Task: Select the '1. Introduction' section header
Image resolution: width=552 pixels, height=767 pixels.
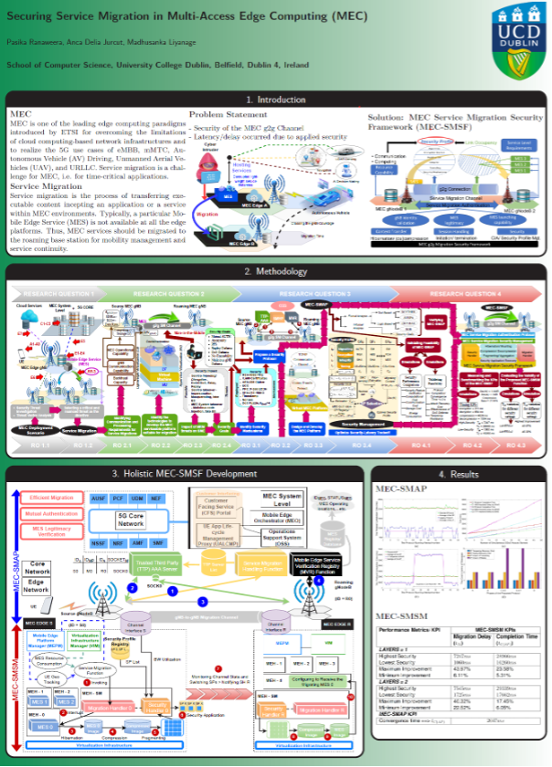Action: click(275, 100)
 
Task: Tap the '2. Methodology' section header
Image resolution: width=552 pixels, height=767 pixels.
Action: click(275, 272)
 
